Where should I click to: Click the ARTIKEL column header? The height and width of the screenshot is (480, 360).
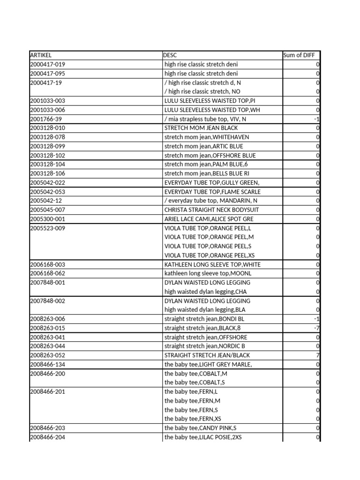click(41, 55)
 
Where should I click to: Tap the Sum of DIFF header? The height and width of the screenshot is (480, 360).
click(299, 55)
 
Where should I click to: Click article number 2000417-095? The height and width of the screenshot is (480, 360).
click(48, 74)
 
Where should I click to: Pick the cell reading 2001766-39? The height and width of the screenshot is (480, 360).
click(46, 119)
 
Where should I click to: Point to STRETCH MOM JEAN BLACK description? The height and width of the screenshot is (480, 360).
click(201, 128)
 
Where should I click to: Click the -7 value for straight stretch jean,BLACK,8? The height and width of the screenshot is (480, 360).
click(317, 328)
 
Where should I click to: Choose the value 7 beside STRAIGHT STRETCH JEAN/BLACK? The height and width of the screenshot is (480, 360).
click(318, 355)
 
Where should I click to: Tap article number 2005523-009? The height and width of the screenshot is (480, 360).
click(48, 228)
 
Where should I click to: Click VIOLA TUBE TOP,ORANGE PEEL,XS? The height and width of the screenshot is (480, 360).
click(209, 255)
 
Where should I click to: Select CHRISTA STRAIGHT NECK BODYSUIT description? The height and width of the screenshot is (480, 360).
click(211, 210)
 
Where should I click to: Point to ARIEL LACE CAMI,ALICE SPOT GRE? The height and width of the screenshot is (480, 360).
click(209, 219)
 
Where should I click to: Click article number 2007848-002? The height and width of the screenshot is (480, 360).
click(48, 301)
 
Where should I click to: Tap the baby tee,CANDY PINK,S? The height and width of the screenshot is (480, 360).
click(201, 428)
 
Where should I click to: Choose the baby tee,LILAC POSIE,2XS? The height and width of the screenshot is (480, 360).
click(203, 437)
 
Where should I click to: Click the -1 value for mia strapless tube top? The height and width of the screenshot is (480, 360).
click(317, 119)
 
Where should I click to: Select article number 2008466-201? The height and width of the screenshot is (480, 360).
click(48, 392)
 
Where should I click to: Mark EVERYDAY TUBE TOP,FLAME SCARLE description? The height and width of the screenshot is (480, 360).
click(212, 192)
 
